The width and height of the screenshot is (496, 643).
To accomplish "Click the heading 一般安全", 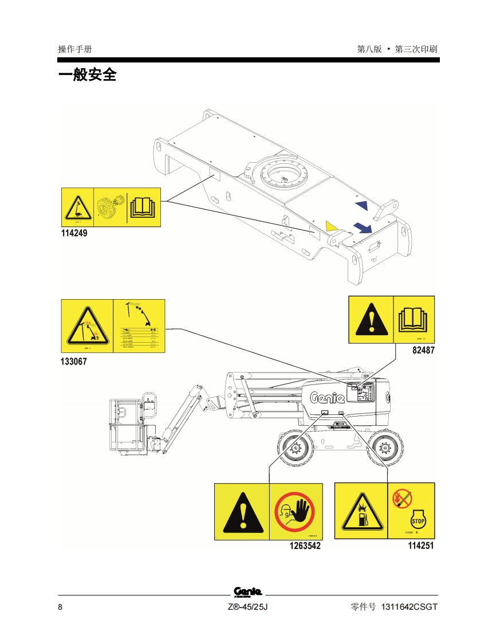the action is point(87,75).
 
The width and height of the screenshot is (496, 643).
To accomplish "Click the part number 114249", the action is point(74,234).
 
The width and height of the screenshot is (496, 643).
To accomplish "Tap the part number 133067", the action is point(74,362).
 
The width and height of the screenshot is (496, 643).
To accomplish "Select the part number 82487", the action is point(423,351).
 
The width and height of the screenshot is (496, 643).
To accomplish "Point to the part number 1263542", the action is point(305,546).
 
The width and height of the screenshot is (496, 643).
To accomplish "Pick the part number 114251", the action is point(420,546).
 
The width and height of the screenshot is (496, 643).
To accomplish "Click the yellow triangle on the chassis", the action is point(329,226).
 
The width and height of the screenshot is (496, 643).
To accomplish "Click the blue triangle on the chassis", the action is point(361,205).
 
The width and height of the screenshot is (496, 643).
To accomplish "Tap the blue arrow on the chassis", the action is point(361,228).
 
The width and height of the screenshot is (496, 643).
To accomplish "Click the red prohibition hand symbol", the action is point(295,511).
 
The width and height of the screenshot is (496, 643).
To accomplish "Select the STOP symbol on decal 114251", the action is point(418,520).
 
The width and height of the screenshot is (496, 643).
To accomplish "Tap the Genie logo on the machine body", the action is point(328,397).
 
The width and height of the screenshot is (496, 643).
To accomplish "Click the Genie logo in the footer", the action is point(247,592).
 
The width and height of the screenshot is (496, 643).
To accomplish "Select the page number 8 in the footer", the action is point(60,607).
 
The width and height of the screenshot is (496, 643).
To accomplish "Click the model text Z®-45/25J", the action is point(247,607).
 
